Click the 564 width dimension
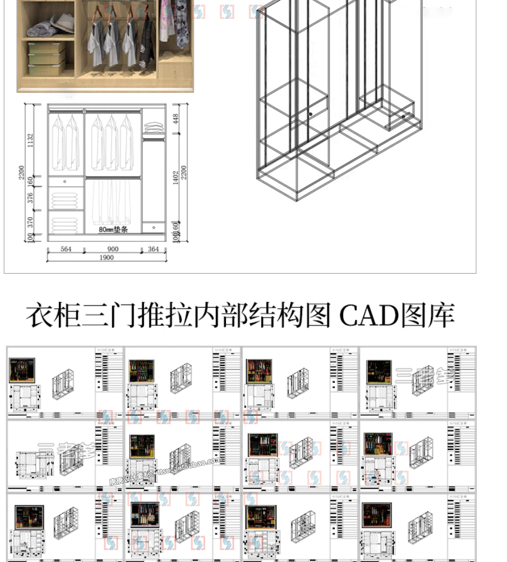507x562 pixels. pos(66,249)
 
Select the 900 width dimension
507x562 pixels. pos(113,249)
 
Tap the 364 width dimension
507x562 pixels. pos(153,249)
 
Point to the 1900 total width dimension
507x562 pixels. pos(107,258)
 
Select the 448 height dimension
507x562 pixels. pos(175,119)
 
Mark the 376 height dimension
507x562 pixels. pos(31,198)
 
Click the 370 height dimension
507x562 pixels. pos(31,222)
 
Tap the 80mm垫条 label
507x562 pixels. pos(113,229)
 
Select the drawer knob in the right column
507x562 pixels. pos(153,227)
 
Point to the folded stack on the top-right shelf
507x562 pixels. pos(154,128)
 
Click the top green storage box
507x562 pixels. pos(47,48)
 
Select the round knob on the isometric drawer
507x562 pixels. pos(311,114)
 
